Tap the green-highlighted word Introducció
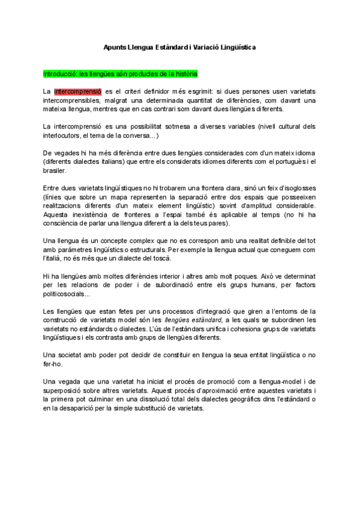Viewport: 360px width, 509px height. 62,74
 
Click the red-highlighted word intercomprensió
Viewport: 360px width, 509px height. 77,91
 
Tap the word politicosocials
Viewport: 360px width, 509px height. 66,294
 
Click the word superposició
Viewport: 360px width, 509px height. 66,391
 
